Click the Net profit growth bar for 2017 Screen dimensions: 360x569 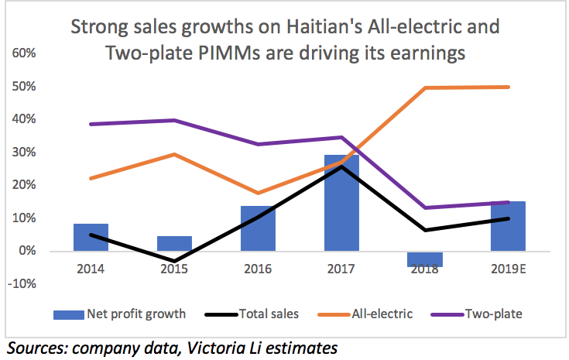341,203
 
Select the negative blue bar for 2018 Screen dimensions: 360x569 423,259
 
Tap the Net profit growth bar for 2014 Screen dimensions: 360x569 90,237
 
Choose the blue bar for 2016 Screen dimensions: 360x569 257,228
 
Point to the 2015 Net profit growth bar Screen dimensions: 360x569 173,243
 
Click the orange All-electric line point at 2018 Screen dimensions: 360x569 424,87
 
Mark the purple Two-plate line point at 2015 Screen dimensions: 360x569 173,120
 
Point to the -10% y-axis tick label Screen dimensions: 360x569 22,283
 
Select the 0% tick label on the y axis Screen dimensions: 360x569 27,251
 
